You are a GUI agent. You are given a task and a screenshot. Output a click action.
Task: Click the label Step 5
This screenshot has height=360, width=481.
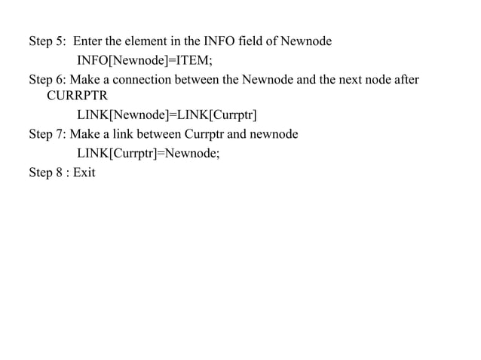[47, 41]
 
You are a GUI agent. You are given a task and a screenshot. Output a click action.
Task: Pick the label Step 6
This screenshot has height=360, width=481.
[47, 79]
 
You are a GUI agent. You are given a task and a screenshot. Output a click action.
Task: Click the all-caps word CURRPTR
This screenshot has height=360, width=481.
[78, 97]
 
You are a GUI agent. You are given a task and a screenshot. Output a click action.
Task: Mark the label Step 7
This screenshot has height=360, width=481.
[47, 135]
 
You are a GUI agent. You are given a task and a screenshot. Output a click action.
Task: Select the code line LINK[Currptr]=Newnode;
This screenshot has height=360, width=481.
[155, 154]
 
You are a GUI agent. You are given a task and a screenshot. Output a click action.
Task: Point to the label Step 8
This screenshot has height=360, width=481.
[47, 172]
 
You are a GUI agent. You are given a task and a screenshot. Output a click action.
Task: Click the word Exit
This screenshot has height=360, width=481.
[84, 172]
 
